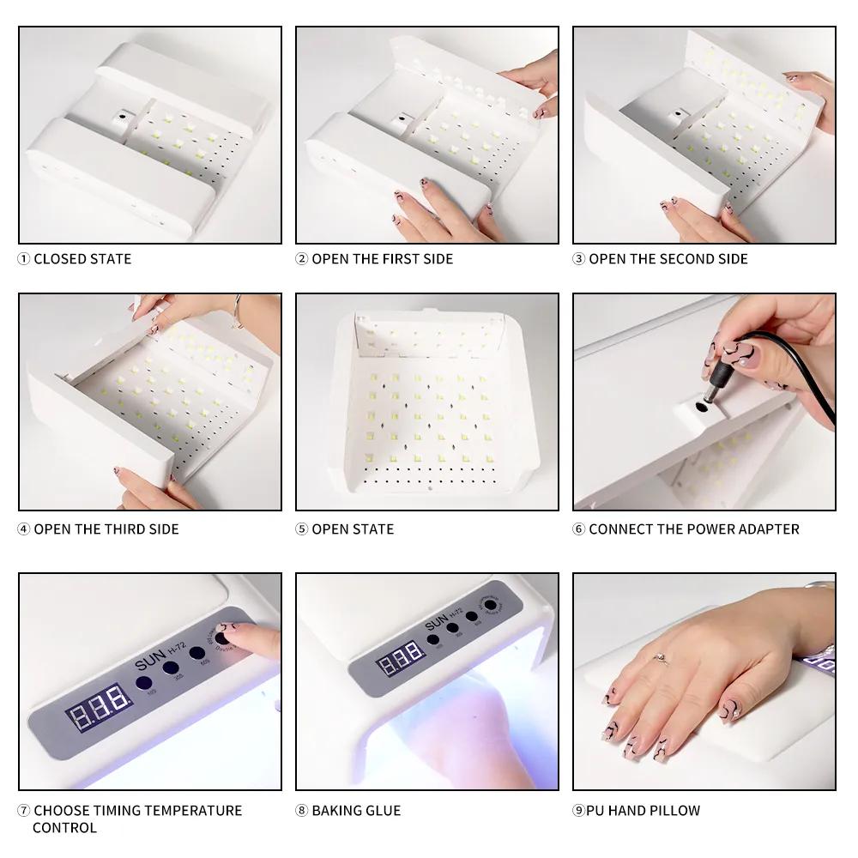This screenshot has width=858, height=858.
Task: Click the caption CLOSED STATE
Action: [x=82, y=258]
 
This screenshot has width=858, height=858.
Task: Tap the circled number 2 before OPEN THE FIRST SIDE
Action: [x=301, y=258]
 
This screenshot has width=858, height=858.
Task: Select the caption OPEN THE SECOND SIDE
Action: [x=668, y=258]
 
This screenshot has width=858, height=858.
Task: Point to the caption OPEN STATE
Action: [x=353, y=529]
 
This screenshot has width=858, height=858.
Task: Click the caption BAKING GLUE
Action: [x=356, y=810]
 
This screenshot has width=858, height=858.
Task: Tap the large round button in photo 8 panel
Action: [x=492, y=605]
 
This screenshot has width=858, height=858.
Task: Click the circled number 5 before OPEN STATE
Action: [x=301, y=529]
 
